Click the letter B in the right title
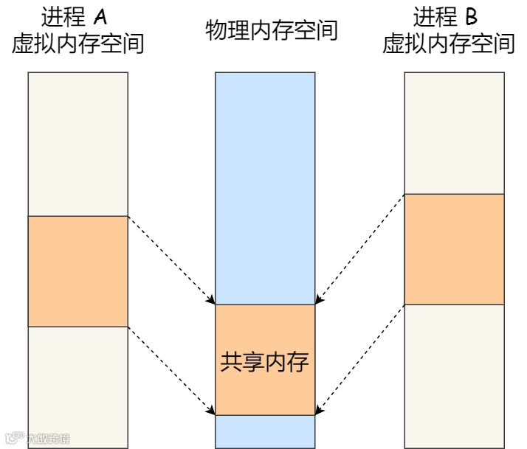point(472,15)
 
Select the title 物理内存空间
point(272,30)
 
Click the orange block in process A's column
point(77,271)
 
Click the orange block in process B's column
point(454,248)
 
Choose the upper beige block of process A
point(77,144)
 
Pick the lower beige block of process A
point(77,387)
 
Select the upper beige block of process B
point(454,133)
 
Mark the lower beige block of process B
point(454,376)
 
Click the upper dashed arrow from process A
point(171,260)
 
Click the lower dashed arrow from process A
point(171,371)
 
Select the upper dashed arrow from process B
point(360,248)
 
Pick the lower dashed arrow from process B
point(360,359)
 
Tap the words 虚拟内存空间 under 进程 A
point(77,43)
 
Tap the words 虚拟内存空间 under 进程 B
point(448,43)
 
